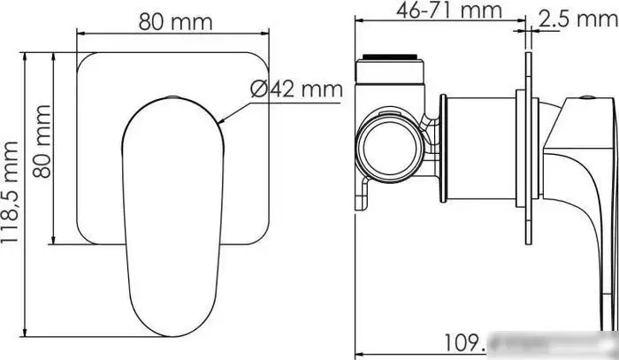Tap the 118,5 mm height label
click(11, 196)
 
